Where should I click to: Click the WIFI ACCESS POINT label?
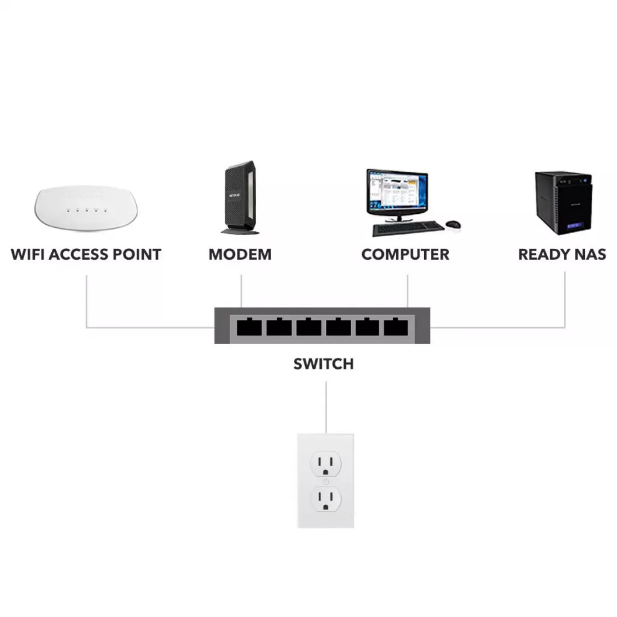coord(86,254)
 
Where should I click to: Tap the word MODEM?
coord(240,254)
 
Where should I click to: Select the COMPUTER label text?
coord(405,254)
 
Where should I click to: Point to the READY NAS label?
coord(562,254)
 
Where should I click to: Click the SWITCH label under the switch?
coord(324,364)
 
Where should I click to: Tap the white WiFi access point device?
coord(86,208)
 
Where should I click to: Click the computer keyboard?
coord(408,229)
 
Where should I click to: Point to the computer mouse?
coord(453,225)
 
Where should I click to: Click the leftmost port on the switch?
coord(249,327)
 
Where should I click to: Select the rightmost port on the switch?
coord(396,327)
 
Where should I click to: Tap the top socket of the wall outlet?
coord(325,464)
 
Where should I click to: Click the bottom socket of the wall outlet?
coord(325,498)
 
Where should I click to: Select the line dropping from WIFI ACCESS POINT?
coord(87,301)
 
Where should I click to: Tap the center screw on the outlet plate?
coord(325,481)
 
